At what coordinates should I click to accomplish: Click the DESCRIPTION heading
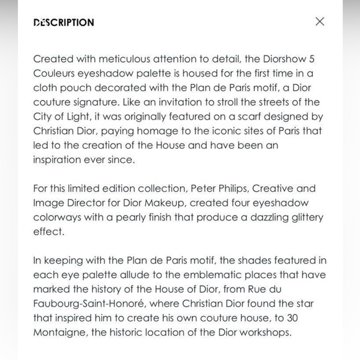tap(64, 22)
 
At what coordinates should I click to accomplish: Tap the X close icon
tap(320, 22)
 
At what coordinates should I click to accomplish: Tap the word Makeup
tap(164, 202)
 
